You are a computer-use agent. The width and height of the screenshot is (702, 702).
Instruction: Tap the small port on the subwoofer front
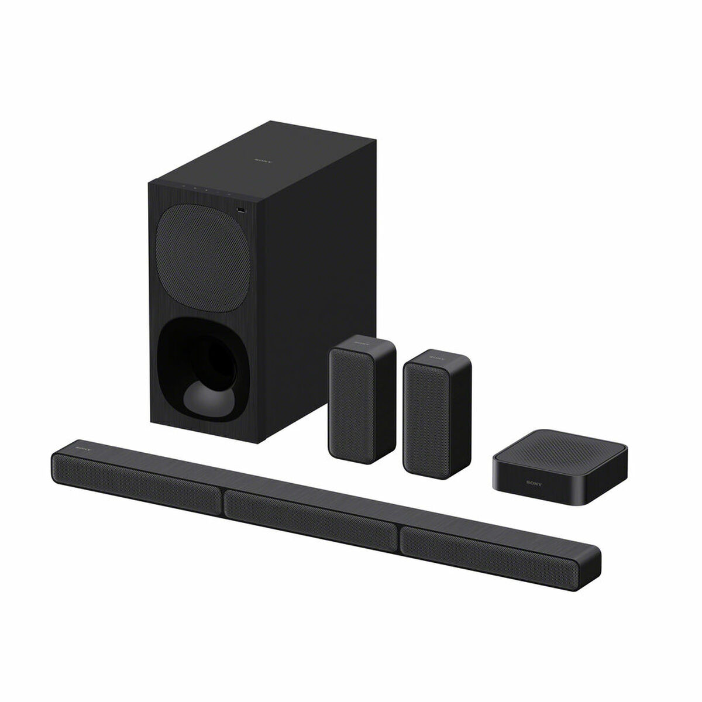(x=240, y=209)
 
